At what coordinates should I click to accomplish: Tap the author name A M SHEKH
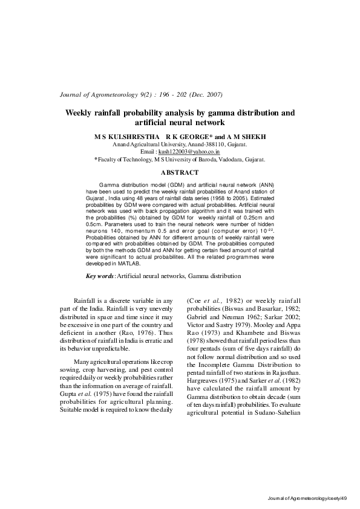coord(246,138)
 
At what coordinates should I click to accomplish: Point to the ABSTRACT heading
coord(180,173)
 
